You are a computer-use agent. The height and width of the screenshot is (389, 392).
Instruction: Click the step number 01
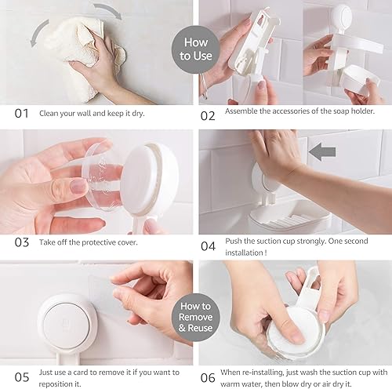[x=23, y=112]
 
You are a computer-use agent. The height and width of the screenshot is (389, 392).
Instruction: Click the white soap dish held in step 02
[x=365, y=78]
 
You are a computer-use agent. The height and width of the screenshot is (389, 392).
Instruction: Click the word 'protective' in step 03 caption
[x=103, y=242]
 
